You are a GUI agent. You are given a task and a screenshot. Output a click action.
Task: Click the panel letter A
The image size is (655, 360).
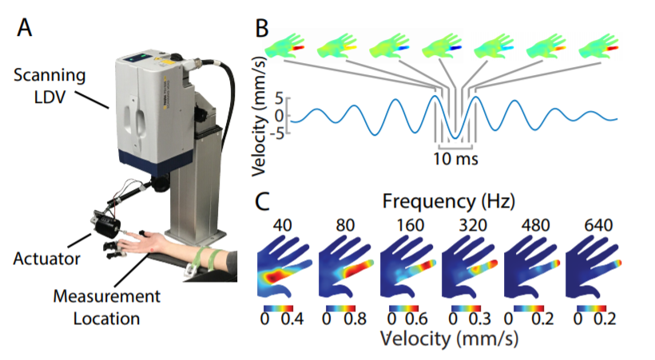[x=24, y=28]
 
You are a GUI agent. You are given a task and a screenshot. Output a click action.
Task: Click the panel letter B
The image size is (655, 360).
[x=262, y=29]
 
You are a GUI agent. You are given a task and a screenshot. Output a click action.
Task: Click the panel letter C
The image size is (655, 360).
[x=262, y=202]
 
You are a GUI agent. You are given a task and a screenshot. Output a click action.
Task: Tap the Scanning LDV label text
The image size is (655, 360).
[x=50, y=86]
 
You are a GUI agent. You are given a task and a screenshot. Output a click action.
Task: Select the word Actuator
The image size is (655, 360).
[x=46, y=259]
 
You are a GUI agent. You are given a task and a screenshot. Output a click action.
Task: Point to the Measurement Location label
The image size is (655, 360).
[x=106, y=307]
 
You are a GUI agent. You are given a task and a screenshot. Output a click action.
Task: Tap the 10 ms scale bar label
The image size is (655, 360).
[x=455, y=159]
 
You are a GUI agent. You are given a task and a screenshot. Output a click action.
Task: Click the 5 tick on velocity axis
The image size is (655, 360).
[x=280, y=101]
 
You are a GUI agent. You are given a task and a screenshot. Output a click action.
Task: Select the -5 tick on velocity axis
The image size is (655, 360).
[x=277, y=133]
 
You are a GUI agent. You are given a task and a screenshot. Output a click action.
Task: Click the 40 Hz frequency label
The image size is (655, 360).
[x=283, y=226]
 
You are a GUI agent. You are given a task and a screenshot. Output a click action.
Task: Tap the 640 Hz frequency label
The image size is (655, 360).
[x=598, y=226]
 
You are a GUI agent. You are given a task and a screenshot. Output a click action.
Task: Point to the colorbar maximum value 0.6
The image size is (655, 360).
[x=416, y=319]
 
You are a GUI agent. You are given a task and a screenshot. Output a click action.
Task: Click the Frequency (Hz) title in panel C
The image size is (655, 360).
[x=449, y=202]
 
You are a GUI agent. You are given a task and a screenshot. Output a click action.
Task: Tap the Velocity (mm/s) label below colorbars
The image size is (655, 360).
[x=449, y=338]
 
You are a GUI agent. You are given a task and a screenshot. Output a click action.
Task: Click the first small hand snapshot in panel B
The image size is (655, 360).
[x=285, y=46]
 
